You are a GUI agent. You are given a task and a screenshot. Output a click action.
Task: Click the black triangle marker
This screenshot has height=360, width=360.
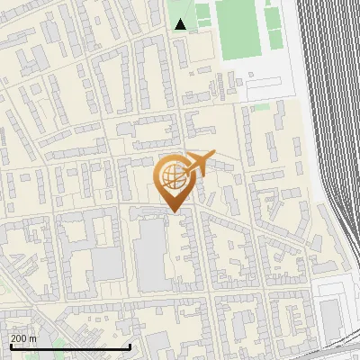pyautogui.click(x=181, y=24)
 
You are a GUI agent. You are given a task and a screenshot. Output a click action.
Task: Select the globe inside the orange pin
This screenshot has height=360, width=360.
pyautogui.click(x=171, y=177)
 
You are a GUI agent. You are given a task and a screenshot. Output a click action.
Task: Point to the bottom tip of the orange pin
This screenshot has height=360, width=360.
pyautogui.click(x=172, y=212)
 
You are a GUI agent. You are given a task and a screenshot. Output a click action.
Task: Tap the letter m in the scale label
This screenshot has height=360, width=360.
pyautogui.click(x=33, y=337)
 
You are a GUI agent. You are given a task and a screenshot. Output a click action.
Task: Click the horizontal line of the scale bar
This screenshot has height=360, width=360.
pyautogui.click(x=69, y=346)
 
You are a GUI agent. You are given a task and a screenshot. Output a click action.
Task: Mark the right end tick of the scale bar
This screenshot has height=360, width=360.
pyautogui.click(x=130, y=345)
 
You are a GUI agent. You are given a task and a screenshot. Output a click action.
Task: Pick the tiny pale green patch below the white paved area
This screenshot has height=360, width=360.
pyautogui.click(x=260, y=107)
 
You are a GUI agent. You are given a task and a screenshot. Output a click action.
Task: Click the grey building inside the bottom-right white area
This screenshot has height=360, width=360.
pyautogui.click(x=330, y=315)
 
